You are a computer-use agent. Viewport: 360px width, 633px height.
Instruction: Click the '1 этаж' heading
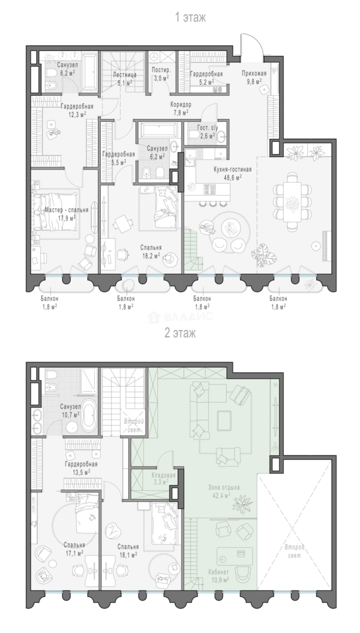(x=190, y=18)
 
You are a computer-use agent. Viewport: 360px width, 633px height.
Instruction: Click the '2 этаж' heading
(x=180, y=333)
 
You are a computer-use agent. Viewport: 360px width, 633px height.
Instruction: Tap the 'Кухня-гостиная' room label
(x=233, y=169)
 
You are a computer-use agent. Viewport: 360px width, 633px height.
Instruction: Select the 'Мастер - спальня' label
(x=60, y=210)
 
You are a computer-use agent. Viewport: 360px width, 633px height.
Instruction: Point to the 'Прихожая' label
(x=254, y=73)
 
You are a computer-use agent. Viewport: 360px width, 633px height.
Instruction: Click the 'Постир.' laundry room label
(x=161, y=70)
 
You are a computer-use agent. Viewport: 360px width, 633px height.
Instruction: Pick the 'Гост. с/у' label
(x=206, y=128)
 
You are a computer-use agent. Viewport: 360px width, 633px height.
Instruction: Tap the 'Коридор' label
(x=181, y=105)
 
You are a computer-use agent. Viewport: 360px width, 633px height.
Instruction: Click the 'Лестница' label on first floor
(x=124, y=74)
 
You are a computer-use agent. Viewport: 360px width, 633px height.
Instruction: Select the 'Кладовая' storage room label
(x=164, y=475)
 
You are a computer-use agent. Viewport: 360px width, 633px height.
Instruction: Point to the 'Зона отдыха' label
(x=224, y=488)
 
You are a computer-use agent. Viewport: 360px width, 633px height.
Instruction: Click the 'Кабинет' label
(x=219, y=572)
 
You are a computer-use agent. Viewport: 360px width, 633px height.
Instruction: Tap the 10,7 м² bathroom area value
(x=70, y=414)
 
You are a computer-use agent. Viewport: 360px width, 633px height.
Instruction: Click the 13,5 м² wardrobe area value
(x=80, y=471)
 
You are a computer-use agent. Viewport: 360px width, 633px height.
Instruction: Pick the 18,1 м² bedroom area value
(x=128, y=554)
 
